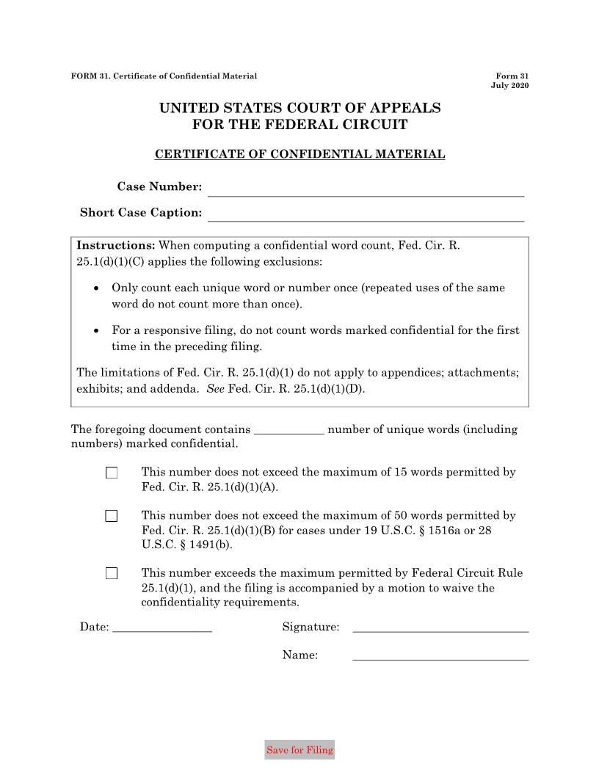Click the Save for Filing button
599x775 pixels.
[299, 750]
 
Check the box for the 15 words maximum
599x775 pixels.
[112, 473]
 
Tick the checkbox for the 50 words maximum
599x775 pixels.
[112, 516]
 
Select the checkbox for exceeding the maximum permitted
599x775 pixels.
[112, 573]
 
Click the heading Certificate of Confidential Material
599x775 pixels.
[299, 154]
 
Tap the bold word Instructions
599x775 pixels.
[116, 245]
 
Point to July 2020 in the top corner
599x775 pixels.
[509, 86]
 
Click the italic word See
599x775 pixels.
[215, 389]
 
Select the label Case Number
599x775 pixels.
[159, 187]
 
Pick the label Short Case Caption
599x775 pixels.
[141, 213]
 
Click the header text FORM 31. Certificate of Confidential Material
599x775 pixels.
[164, 76]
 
